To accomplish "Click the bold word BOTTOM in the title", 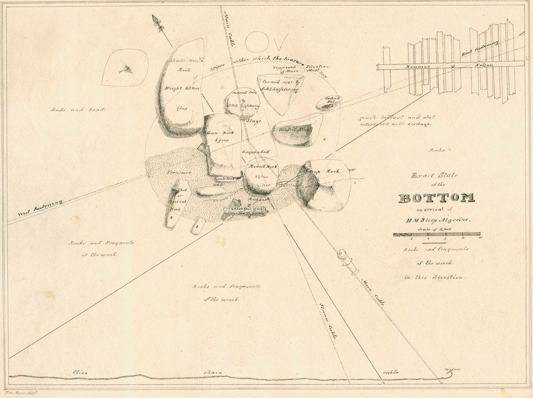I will click(436, 198).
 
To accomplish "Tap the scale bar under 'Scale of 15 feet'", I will click(436, 234).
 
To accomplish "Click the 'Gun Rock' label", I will click(220, 133).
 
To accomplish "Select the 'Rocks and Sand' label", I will click(78, 110).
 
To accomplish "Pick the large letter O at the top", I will click(256, 41).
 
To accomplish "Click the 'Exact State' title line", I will click(434, 176).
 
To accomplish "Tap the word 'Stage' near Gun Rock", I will click(253, 121).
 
